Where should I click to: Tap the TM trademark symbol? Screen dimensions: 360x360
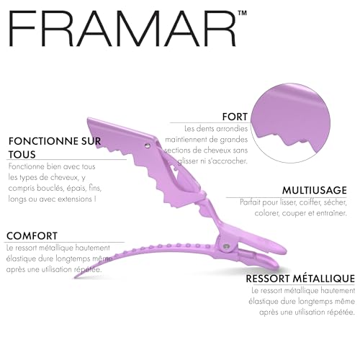(x=243, y=13)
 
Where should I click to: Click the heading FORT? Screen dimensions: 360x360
(x=235, y=117)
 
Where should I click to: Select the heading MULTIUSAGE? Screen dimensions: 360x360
(x=315, y=190)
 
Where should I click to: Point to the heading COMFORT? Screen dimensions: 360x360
(x=32, y=236)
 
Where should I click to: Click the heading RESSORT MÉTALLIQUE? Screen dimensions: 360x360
(x=300, y=279)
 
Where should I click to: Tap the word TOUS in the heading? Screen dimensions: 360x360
(x=22, y=154)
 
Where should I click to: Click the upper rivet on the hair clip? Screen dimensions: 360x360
(x=148, y=145)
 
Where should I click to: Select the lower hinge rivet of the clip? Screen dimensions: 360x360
(x=225, y=246)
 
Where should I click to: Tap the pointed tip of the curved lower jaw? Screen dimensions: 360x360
(x=75, y=277)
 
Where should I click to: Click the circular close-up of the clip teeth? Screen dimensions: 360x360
(x=290, y=123)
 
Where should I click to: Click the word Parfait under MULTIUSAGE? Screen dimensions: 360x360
(x=250, y=202)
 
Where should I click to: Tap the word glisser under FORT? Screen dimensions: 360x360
(x=188, y=161)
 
